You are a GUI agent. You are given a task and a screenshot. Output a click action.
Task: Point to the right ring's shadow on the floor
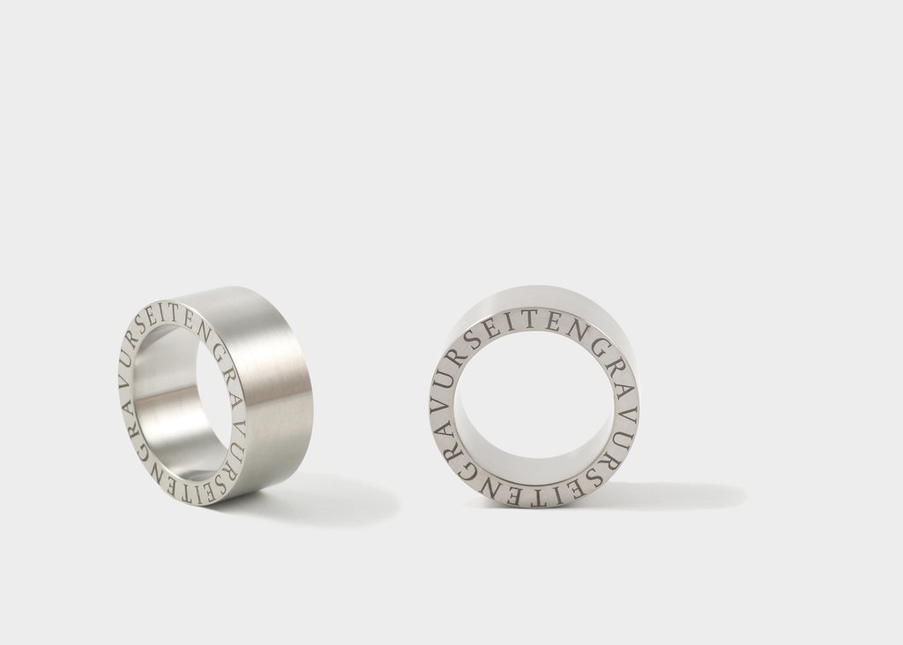(x=674, y=494)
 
